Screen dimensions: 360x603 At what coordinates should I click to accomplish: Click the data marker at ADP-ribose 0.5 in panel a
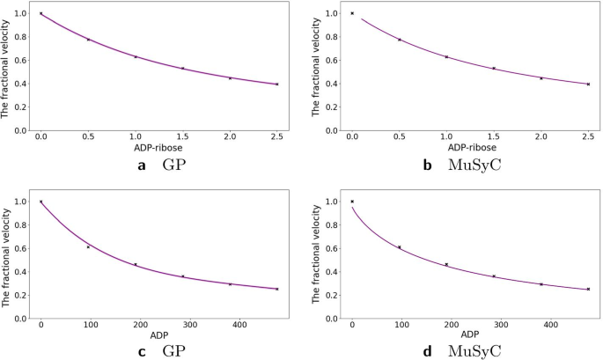coord(88,40)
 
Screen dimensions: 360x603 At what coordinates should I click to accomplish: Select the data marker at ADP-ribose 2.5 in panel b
coord(588,84)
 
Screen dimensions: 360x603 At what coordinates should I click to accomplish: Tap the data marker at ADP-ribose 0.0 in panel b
coord(352,13)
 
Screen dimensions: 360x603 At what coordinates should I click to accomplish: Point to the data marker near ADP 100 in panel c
coord(88,246)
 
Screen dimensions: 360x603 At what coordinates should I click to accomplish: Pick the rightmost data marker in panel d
coord(588,289)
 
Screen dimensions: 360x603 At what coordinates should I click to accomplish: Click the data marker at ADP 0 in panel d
coord(352,202)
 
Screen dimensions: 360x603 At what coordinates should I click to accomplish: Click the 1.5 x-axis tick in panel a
coord(182,138)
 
